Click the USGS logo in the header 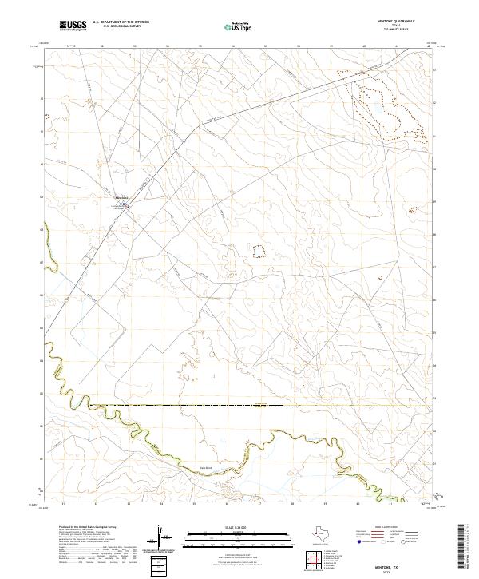(73, 26)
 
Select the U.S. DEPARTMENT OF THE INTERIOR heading (121, 22)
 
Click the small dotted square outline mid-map (258, 251)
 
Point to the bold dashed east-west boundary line (239, 406)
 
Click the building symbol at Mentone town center (125, 204)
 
